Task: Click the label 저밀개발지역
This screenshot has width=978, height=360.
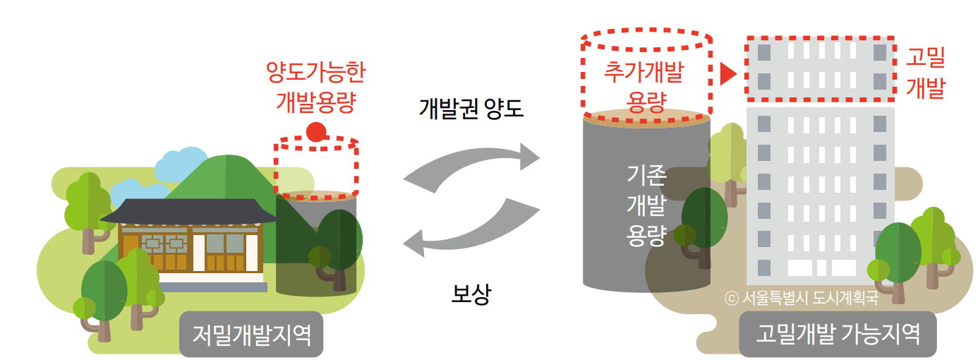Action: [x=251, y=332]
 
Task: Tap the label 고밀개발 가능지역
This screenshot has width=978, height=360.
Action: [x=838, y=332]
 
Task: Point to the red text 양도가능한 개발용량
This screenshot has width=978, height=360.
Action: [x=315, y=86]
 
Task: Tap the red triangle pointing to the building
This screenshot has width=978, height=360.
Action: [x=727, y=73]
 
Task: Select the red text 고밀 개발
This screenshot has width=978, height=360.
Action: [x=925, y=73]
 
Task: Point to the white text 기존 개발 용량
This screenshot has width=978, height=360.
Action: [x=646, y=205]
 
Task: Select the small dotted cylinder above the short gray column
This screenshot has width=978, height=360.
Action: [x=316, y=167]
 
